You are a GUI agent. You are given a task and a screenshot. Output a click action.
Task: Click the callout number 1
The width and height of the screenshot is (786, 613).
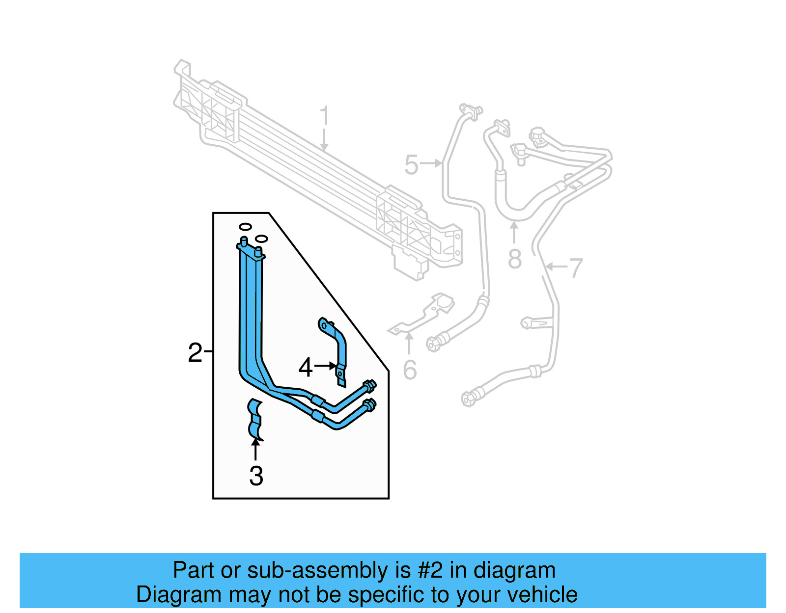pyautogui.click(x=324, y=117)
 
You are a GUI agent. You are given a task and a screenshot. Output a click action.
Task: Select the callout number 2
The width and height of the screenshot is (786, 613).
pyautogui.click(x=195, y=353)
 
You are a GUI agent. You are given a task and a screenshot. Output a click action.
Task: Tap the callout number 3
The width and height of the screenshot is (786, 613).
pyautogui.click(x=256, y=476)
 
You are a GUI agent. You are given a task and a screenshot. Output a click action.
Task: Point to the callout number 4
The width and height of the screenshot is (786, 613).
pyautogui.click(x=306, y=367)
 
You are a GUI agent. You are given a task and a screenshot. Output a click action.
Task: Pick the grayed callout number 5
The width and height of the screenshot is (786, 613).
pyautogui.click(x=411, y=165)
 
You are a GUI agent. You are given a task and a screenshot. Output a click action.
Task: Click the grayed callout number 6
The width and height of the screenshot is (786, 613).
pyautogui.click(x=410, y=370)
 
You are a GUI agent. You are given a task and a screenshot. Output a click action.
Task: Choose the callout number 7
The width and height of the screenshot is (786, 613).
pyautogui.click(x=575, y=268)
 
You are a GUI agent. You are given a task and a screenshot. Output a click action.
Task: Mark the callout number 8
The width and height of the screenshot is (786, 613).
pyautogui.click(x=514, y=259)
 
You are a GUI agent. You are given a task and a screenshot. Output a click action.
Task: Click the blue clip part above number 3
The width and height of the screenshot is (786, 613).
pyautogui.click(x=255, y=419)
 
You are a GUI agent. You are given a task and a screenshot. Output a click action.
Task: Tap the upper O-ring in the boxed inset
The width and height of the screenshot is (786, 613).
pyautogui.click(x=245, y=226)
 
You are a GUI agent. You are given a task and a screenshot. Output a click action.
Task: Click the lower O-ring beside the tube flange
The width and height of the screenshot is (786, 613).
pyautogui.click(x=261, y=239)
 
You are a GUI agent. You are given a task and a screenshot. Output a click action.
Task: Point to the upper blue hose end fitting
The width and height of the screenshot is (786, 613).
pyautogui.click(x=369, y=386)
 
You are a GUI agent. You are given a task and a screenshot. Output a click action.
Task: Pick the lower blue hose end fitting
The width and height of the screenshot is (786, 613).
pyautogui.click(x=369, y=405)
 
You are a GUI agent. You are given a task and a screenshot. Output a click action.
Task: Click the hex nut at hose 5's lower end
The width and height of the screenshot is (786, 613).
pyautogui.click(x=433, y=344)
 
